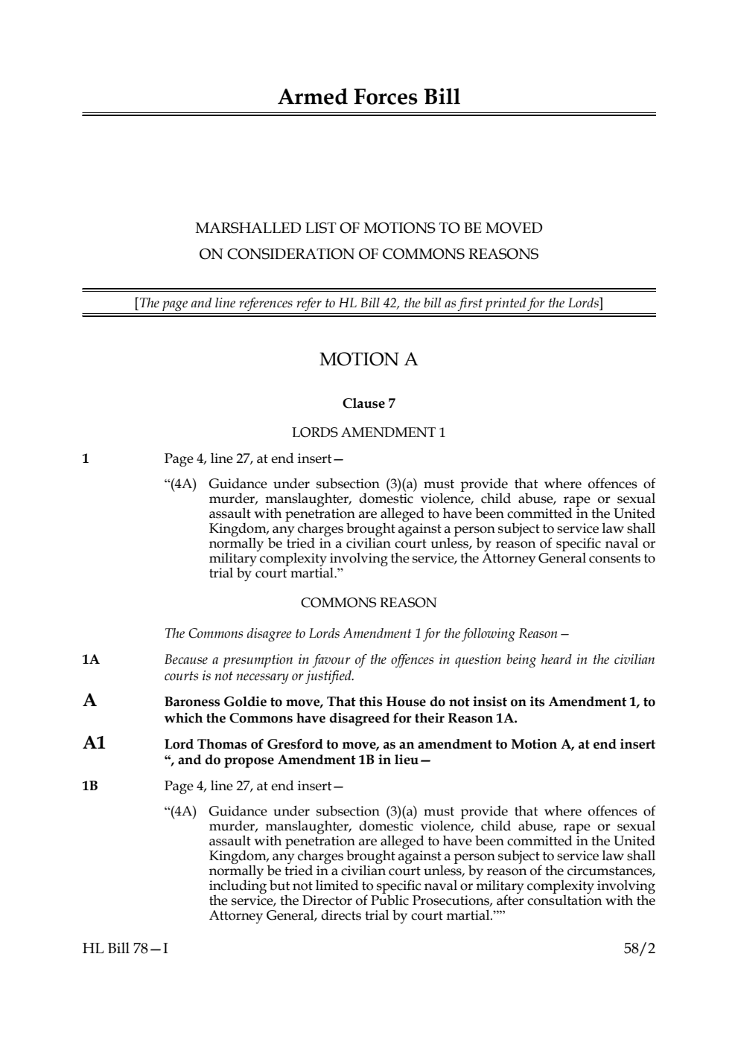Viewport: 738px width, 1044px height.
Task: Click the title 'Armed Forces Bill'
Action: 369,97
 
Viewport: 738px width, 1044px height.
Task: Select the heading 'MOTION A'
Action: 369,359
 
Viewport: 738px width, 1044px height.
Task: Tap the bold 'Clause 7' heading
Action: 369,403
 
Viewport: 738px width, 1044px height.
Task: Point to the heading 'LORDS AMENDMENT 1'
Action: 369,432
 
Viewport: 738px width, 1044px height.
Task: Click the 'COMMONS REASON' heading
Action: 369,603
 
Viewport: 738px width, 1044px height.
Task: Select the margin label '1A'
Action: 90,660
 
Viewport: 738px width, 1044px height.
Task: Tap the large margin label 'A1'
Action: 94,743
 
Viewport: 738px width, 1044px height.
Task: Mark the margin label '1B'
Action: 90,786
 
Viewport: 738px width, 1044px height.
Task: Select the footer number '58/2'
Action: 639,949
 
